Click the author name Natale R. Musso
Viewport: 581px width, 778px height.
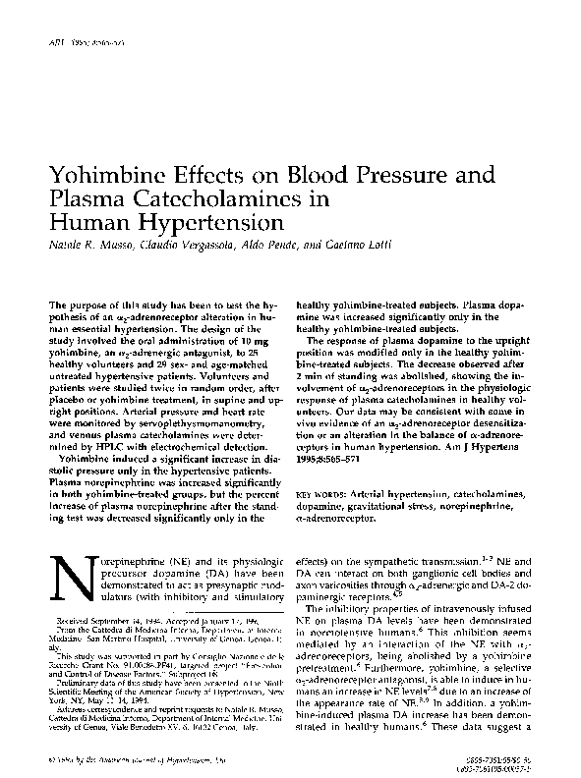(89, 245)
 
